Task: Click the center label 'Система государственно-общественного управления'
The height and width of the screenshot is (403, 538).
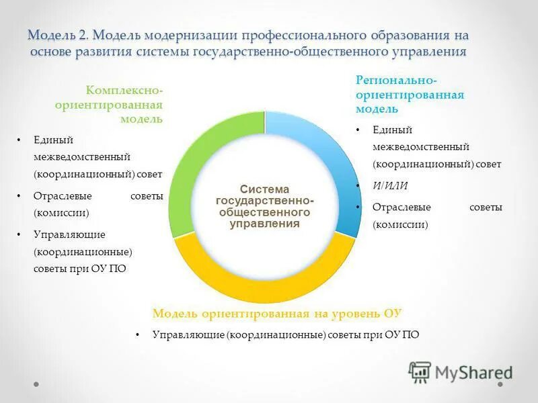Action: pyautogui.click(x=264, y=207)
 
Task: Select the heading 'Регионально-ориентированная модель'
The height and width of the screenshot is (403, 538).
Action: pyautogui.click(x=410, y=94)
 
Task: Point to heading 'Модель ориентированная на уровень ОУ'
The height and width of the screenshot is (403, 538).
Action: pyautogui.click(x=277, y=314)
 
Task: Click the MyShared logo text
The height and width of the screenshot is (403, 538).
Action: pyautogui.click(x=473, y=372)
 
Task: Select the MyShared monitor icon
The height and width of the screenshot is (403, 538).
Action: pyautogui.click(x=420, y=371)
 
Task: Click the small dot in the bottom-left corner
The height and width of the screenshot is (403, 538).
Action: pyautogui.click(x=36, y=385)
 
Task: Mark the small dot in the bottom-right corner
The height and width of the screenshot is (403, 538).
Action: pyautogui.click(x=501, y=385)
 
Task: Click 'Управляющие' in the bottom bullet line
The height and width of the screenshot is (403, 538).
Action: pyautogui.click(x=188, y=334)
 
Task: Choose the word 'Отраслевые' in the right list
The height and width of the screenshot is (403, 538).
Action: pyautogui.click(x=401, y=208)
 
